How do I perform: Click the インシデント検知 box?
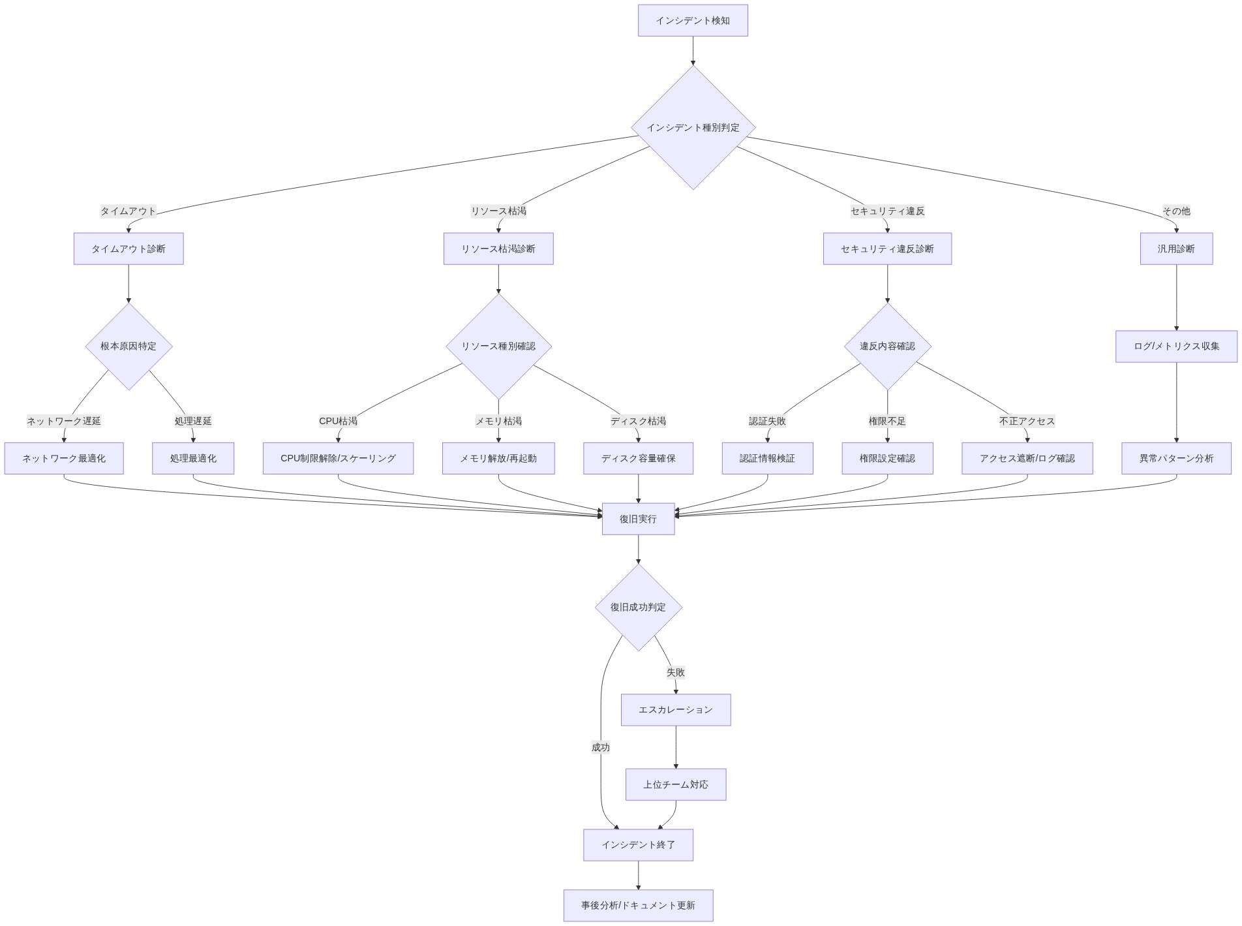click(x=692, y=21)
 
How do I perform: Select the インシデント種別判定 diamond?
click(x=693, y=128)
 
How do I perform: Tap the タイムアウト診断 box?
click(x=129, y=249)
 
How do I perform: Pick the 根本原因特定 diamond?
click(x=129, y=347)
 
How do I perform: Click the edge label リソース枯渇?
click(x=498, y=211)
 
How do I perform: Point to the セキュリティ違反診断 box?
click(x=887, y=249)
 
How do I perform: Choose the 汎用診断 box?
click(x=1176, y=249)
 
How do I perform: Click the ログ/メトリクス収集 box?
click(x=1176, y=347)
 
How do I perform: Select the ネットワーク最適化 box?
click(x=64, y=459)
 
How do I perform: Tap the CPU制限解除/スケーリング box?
click(x=338, y=459)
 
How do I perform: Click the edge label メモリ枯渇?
click(x=498, y=422)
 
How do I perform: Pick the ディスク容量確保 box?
click(x=638, y=459)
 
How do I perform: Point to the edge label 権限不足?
click(x=887, y=422)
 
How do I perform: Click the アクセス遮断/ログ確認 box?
click(x=1027, y=459)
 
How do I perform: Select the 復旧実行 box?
click(x=638, y=519)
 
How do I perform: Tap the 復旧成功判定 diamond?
click(x=638, y=608)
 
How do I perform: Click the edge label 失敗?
click(x=676, y=672)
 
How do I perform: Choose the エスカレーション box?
click(x=676, y=710)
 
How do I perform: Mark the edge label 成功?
click(x=601, y=747)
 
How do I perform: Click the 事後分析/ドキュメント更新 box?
click(x=638, y=906)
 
